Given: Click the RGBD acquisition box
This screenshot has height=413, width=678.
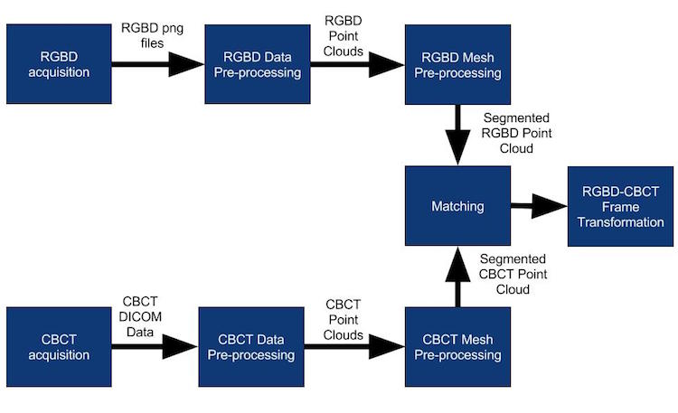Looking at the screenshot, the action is coord(59,64).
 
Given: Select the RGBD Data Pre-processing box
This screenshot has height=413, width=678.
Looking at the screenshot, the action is coord(258,64).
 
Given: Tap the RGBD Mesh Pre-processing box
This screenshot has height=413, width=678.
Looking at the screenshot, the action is coord(457,64).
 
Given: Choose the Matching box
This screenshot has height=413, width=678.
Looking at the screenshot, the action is coord(457,206).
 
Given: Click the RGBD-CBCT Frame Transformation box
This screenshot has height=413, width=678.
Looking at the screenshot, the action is coord(620,206).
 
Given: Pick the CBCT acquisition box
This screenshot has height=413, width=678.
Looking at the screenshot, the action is coord(59,347).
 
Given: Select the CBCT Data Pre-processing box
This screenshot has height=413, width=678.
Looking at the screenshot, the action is coord(251,347).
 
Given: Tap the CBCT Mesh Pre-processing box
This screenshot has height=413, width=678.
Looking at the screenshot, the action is coord(457,347).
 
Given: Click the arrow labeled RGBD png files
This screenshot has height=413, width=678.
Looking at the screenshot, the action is coord(158,64).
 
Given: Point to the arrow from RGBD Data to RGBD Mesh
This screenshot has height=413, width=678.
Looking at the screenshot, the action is coord(357,65).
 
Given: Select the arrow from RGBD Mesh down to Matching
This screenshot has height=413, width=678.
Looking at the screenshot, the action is coord(457,135).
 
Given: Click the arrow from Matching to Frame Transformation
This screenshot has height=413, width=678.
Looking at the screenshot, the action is coord(539,206).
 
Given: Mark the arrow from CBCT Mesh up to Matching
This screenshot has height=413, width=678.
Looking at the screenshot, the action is coord(457,277).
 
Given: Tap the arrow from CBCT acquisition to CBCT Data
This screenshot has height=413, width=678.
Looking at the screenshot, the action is coord(155,346).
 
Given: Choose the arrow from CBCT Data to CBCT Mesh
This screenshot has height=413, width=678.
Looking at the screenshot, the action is coord(354,346).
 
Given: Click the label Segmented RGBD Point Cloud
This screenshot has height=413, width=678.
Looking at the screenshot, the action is coord(516,133).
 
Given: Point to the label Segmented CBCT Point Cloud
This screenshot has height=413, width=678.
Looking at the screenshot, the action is coord(513,274).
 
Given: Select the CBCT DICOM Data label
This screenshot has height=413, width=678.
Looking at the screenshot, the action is coord(140,316).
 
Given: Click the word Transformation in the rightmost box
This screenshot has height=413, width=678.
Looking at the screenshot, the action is coord(620,222).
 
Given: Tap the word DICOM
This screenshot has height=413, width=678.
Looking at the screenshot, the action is coord(140,317).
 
